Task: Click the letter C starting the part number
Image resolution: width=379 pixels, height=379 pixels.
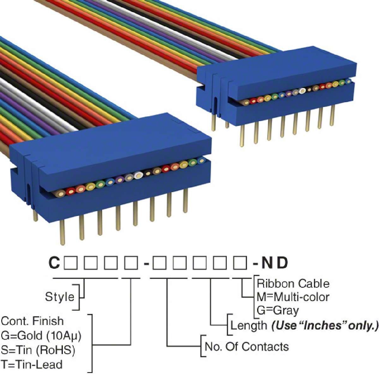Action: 54,263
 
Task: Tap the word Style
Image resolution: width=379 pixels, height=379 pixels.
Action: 59,297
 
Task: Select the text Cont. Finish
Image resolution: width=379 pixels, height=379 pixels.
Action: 32,321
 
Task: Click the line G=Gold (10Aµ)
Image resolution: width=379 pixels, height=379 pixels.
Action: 41,335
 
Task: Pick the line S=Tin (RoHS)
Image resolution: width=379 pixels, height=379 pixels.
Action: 38,350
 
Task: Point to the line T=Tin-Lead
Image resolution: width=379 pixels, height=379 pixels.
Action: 32,364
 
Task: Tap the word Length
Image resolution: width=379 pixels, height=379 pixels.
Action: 249,325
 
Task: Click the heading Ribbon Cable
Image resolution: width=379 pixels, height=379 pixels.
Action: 293,283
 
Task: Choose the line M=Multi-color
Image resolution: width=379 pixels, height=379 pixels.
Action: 293,297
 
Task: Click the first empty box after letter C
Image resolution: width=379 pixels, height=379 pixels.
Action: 70,263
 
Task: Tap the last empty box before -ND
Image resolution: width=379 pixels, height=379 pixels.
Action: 240,263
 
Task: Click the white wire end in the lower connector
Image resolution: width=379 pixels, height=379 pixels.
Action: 138,175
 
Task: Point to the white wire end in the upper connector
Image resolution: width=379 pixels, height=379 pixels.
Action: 302,91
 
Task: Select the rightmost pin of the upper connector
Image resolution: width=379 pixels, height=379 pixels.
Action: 332,115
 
